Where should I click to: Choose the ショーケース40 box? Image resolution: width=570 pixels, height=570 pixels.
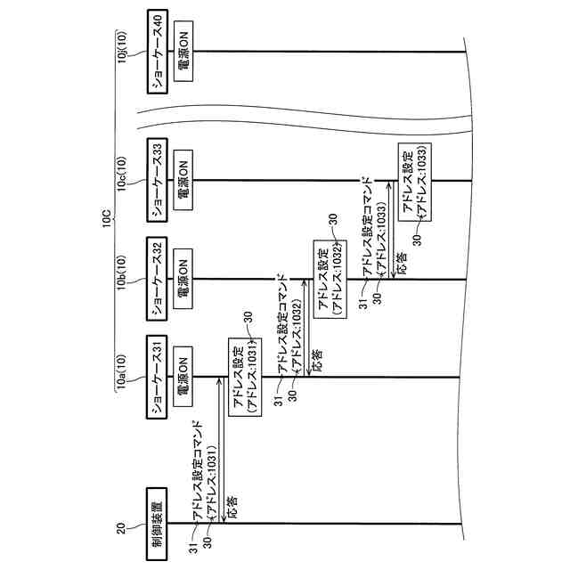pos(156,53)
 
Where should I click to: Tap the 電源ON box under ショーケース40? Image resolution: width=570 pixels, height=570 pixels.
pos(182,53)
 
